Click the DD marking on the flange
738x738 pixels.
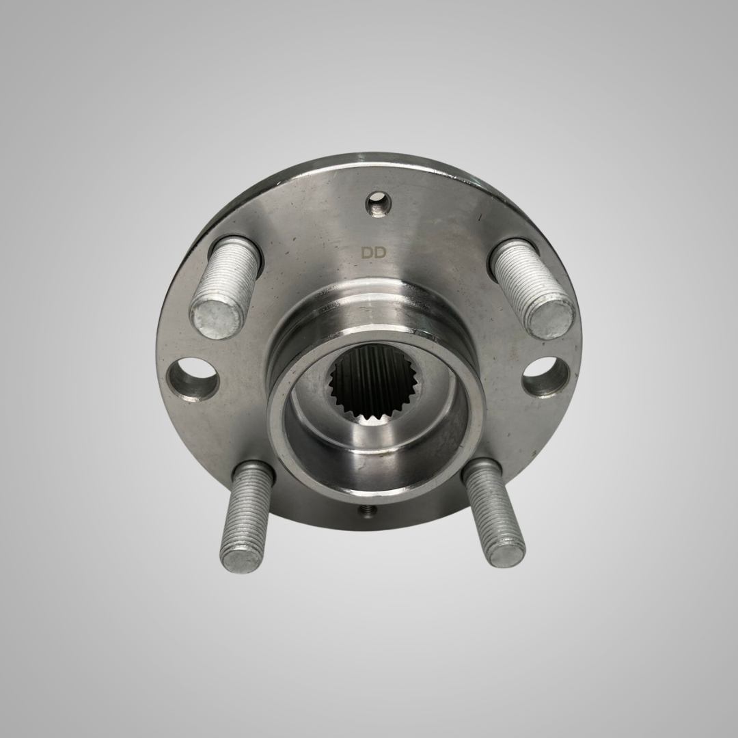(x=374, y=253)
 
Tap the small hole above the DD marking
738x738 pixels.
(x=379, y=204)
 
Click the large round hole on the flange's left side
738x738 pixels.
(x=193, y=378)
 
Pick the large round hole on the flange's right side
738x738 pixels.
(x=545, y=376)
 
